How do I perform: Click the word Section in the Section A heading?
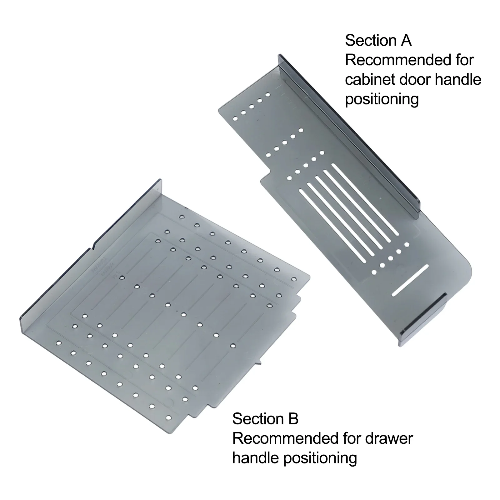371,41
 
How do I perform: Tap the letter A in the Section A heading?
406,41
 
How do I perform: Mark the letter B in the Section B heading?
293,419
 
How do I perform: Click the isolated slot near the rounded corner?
410,280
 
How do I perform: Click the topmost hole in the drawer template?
182,217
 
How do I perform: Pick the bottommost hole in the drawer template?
169,417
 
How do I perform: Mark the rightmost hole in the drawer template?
293,278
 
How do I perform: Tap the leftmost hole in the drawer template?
57,343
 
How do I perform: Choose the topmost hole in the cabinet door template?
267,94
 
